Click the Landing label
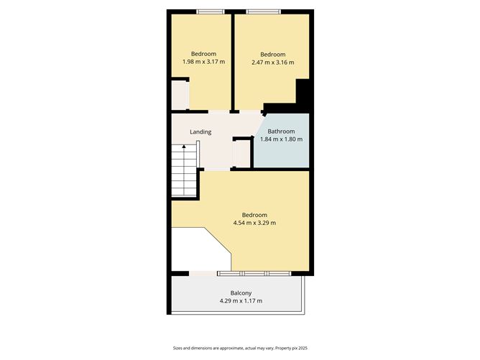(x=200, y=132)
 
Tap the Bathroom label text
(x=281, y=131)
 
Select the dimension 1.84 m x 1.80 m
(x=281, y=139)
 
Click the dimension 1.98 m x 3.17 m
(x=203, y=63)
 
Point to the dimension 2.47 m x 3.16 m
(x=272, y=63)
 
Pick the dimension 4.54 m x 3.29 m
(x=254, y=223)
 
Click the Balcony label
(x=241, y=292)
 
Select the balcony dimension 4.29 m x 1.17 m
(x=241, y=300)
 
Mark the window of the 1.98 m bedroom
(x=211, y=11)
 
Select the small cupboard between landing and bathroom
(x=241, y=152)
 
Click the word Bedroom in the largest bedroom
(x=254, y=215)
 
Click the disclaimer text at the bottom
(x=240, y=348)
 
